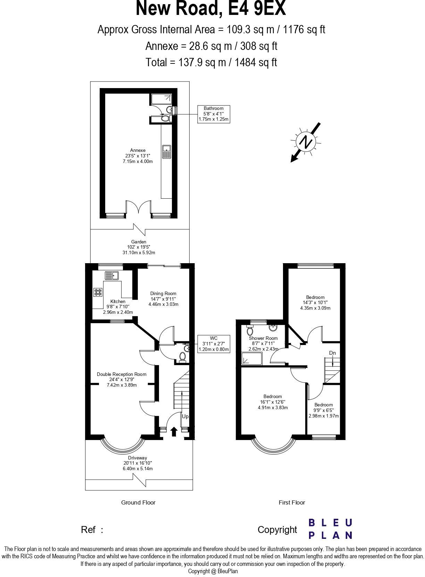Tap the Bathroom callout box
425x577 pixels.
[213, 114]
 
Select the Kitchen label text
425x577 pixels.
[118, 301]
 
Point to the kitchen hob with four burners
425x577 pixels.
[98, 292]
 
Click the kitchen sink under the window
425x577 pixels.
[112, 276]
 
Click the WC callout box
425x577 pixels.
[214, 344]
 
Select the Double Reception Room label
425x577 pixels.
[122, 374]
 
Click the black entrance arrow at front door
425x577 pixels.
[174, 431]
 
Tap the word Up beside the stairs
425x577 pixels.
[185, 416]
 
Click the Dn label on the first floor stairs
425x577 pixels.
[332, 353]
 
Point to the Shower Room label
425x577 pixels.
[263, 338]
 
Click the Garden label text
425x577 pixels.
[139, 242]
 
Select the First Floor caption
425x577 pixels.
[292, 502]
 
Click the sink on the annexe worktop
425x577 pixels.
[166, 152]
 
